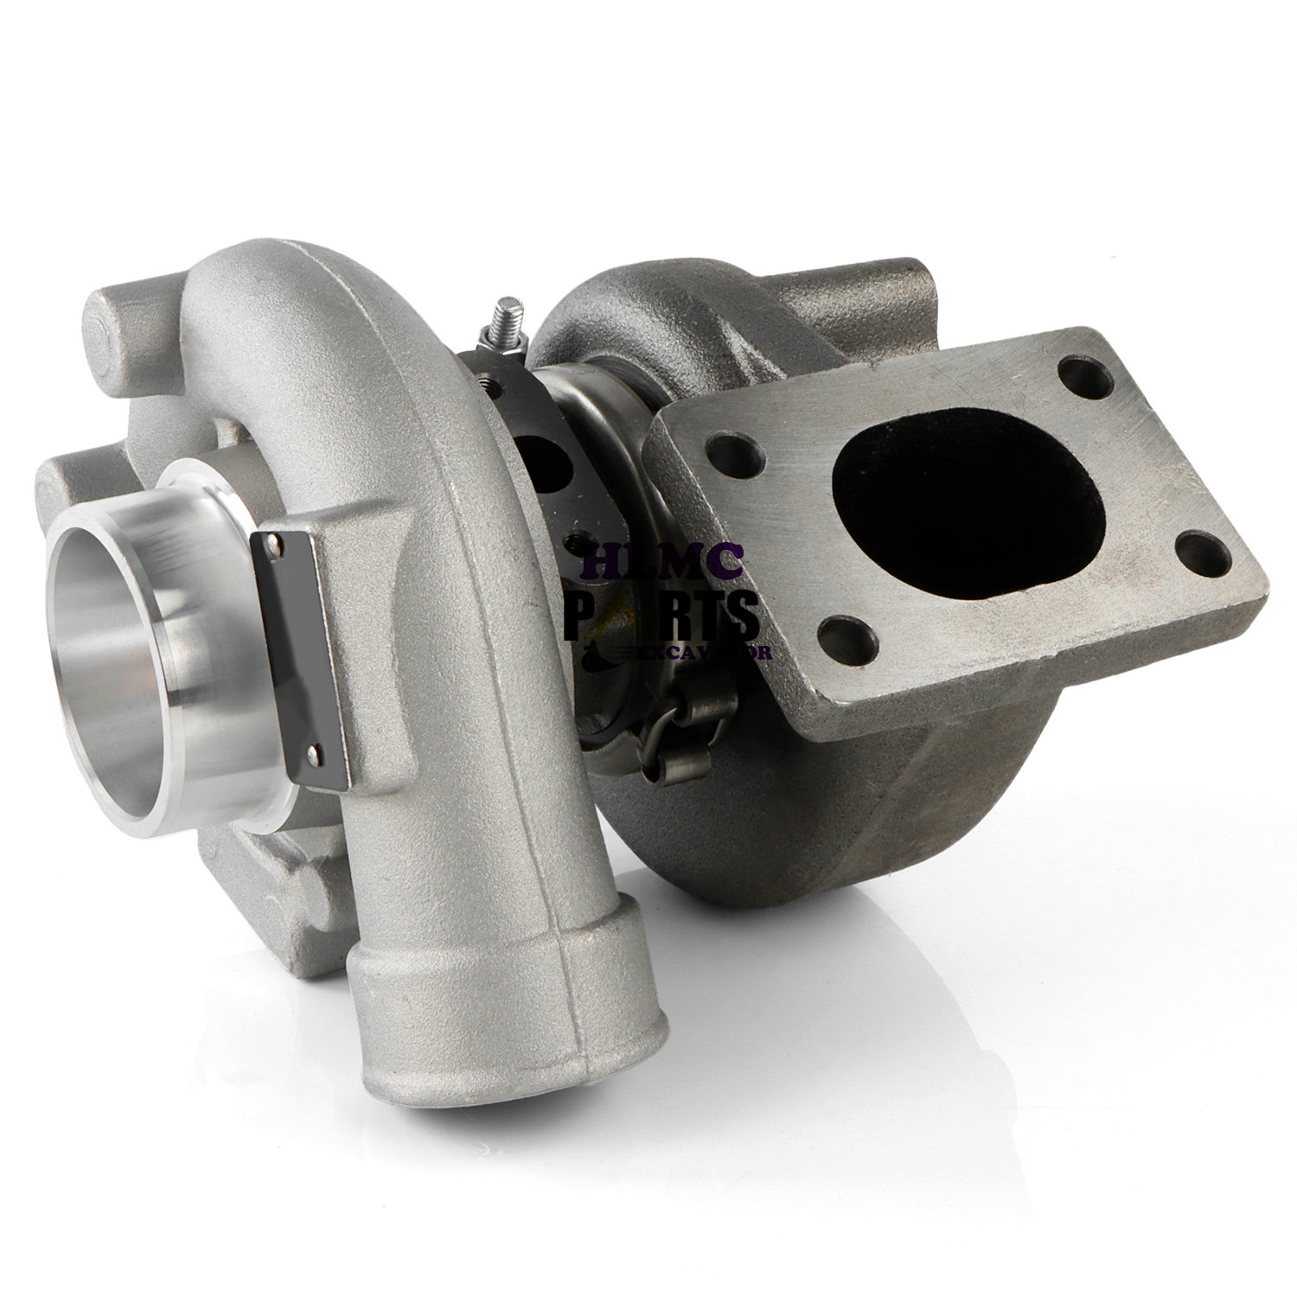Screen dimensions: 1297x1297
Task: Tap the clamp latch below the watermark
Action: click(683, 705)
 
